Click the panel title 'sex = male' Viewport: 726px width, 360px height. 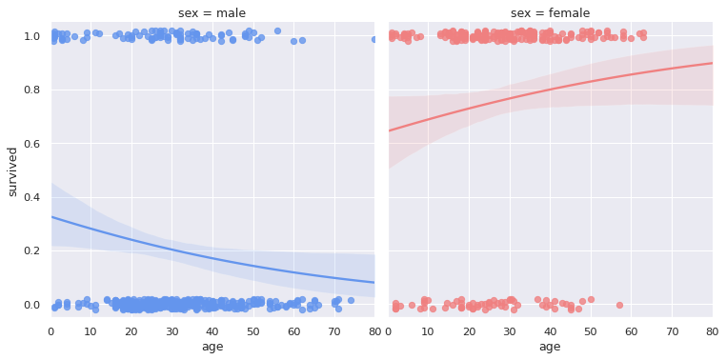212,13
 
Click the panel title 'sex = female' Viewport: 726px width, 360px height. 550,13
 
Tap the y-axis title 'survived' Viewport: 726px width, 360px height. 12,171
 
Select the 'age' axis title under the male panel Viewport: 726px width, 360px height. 212,347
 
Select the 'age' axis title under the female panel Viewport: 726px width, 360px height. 550,347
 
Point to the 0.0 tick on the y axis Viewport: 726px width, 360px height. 32,305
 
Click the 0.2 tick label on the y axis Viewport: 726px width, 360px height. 32,251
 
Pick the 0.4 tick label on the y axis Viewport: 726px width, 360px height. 32,197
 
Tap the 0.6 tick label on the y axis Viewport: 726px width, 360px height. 32,144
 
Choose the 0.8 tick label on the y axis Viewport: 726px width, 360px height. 32,90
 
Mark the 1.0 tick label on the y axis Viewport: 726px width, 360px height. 32,36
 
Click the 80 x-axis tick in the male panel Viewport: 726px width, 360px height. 373,330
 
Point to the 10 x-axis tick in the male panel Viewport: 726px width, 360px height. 91,330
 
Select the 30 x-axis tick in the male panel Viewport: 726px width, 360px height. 172,330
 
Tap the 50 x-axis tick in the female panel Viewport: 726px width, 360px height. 591,330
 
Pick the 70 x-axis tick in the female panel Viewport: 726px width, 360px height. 672,330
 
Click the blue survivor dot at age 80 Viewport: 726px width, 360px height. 373,40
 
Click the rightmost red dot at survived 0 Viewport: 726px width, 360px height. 619,306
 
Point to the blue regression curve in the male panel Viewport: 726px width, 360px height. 212,257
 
